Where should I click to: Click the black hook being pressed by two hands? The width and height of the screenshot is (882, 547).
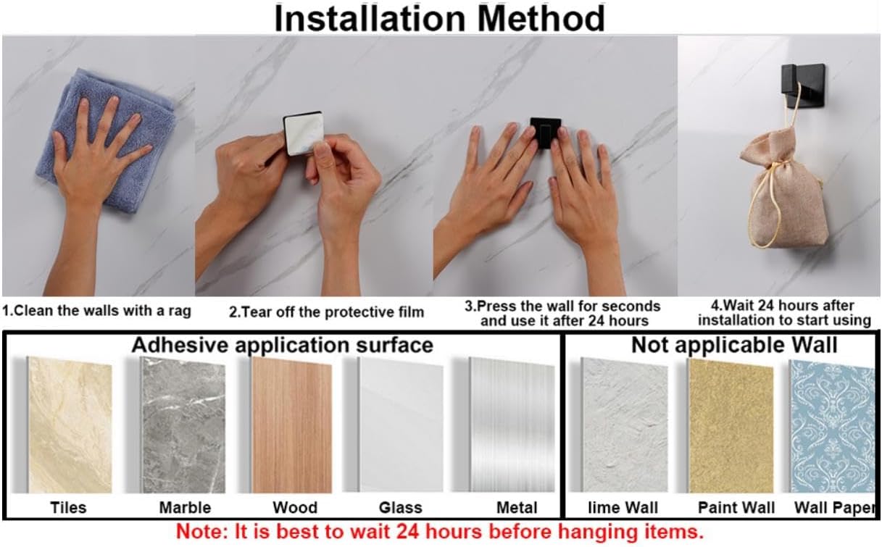coord(545,132)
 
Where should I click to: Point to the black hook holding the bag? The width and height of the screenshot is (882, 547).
coord(803,85)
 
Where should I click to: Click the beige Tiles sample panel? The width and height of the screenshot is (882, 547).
coord(70,425)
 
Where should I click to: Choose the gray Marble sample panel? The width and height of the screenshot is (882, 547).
coord(183,425)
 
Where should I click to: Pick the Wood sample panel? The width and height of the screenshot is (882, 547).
coord(291,425)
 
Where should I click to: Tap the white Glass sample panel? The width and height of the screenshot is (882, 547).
coord(401,425)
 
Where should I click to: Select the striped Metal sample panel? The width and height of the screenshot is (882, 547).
coord(512,425)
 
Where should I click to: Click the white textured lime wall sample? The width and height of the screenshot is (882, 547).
coord(624,425)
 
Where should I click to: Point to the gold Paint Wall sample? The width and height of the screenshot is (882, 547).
coord(731,426)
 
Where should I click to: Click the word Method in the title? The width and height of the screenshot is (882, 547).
coord(541,19)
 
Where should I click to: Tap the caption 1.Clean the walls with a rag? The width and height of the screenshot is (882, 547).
coord(97,311)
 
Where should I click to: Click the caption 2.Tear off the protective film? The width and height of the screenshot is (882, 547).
coord(326,312)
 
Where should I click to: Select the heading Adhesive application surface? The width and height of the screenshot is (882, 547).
coord(283,346)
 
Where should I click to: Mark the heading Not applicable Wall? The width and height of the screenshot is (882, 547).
coord(734,346)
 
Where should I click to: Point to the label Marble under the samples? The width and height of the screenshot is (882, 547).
coord(185,508)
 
